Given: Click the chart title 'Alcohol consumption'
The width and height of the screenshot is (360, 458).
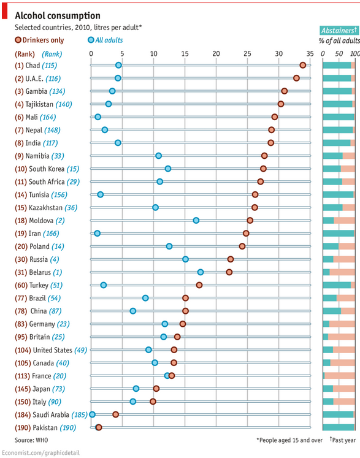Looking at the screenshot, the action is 58,15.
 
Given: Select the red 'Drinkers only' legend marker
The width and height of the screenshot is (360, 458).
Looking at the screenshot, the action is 18,40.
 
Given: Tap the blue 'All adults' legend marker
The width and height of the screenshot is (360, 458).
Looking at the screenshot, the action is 91,40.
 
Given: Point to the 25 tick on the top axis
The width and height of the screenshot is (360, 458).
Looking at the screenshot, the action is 247,54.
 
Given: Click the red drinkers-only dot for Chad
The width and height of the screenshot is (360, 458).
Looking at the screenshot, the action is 303,65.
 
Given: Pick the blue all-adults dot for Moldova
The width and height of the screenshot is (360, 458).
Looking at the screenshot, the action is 196,220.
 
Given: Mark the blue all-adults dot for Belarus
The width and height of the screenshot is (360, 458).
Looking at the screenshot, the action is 201,272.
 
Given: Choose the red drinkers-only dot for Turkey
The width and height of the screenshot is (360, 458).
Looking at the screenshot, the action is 199,285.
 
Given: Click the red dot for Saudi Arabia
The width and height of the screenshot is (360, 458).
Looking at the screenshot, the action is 116,414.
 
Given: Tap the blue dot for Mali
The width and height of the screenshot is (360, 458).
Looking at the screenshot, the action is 98,117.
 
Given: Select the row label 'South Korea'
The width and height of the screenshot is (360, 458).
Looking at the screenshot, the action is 47,169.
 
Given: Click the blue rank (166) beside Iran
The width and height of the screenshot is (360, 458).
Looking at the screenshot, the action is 51,234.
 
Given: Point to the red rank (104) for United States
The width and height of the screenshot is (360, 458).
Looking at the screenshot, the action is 23,350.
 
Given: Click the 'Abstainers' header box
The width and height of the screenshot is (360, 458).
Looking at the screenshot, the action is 339,31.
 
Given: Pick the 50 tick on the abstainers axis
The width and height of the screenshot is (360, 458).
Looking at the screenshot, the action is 339,54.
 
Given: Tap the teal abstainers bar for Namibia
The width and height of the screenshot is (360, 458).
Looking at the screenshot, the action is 333,156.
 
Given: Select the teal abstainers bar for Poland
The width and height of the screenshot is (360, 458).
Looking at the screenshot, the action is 331,246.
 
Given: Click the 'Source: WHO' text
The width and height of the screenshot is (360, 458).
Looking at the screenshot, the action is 31,440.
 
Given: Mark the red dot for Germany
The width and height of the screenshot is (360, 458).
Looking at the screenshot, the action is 183,324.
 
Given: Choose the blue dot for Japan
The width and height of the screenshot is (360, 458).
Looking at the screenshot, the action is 136,389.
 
